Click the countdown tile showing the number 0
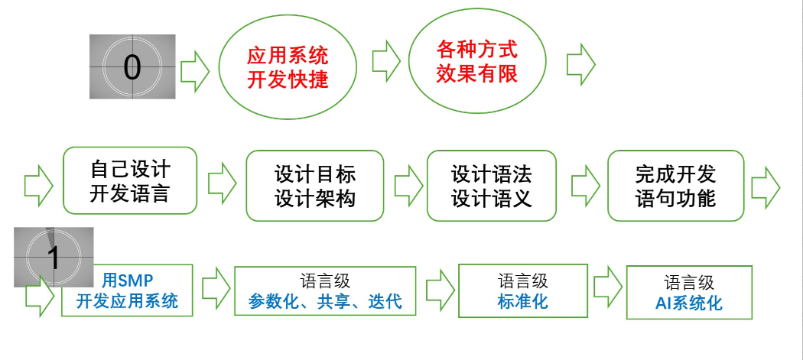pyautogui.click(x=132, y=66)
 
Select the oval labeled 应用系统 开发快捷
pyautogui.click(x=287, y=67)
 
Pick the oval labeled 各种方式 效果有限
pyautogui.click(x=476, y=61)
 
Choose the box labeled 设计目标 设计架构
pyautogui.click(x=314, y=186)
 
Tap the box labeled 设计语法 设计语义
pyautogui.click(x=491, y=186)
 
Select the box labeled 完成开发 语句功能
pyautogui.click(x=675, y=186)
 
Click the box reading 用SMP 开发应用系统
pyautogui.click(x=127, y=290)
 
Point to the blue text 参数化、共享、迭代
pyautogui.click(x=325, y=301)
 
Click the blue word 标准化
pyautogui.click(x=522, y=300)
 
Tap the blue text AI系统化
pyautogui.click(x=688, y=303)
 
